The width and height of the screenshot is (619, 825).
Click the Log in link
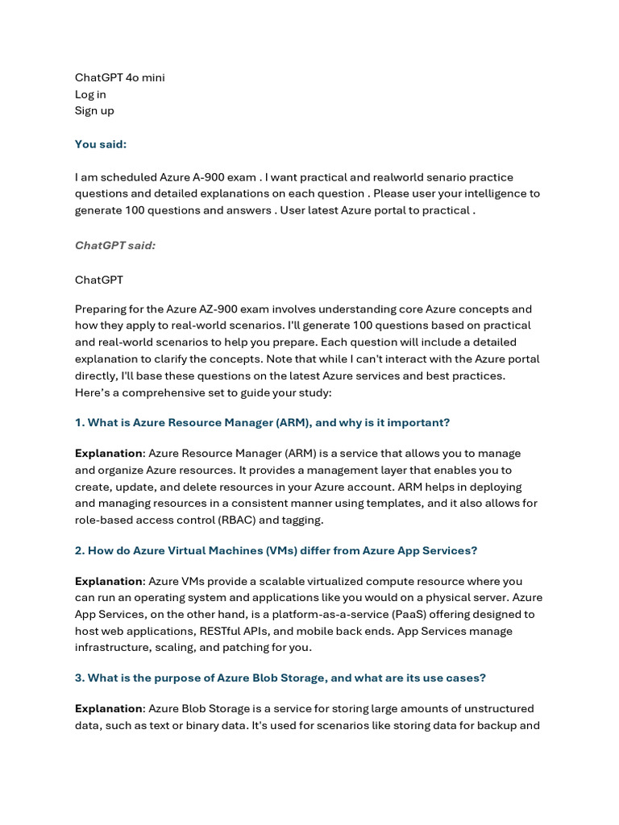[x=90, y=94]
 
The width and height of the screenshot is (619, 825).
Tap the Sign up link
[x=94, y=110]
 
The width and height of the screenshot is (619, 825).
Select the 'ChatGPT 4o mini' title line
[x=120, y=77]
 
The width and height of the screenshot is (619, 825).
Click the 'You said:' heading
[x=101, y=144]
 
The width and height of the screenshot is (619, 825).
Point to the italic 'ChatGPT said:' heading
[x=115, y=245]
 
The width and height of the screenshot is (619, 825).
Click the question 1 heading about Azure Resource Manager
[x=262, y=422]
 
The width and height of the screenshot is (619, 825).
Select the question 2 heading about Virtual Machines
[x=276, y=550]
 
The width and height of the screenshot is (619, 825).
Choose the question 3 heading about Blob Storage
[x=280, y=678]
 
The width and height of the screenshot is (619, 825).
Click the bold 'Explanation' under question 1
[x=109, y=453]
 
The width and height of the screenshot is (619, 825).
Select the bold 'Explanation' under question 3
[x=109, y=708]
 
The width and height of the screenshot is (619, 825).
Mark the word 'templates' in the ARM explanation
[x=396, y=504]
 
